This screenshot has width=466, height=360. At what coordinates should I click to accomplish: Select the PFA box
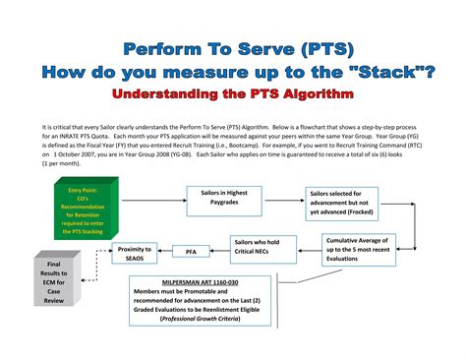191,252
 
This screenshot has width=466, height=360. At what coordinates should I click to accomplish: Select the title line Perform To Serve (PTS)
232,48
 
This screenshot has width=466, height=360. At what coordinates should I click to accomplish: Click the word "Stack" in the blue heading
387,71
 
